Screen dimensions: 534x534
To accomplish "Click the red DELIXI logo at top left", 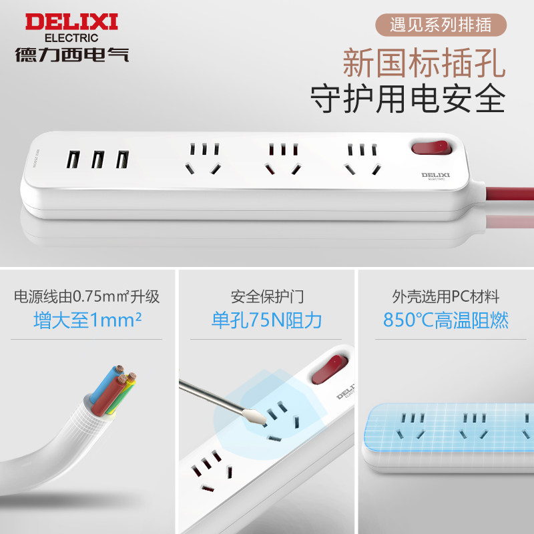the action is tap(71, 22).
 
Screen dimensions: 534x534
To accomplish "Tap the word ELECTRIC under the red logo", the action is tap(71, 38).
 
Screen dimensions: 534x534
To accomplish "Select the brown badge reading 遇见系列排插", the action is tap(441, 25).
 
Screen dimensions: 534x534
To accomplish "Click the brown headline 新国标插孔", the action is tap(424, 63).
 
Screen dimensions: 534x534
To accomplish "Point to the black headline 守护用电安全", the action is tap(408, 98).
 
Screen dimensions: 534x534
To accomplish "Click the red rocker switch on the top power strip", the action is tap(431, 148).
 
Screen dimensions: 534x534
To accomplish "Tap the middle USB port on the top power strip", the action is tap(97, 160).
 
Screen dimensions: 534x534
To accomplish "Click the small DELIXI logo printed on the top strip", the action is tap(436, 176).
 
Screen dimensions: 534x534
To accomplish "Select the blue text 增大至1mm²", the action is tap(87, 320).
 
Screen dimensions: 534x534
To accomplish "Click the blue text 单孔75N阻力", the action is tap(266, 320).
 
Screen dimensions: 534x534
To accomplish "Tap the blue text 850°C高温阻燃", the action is tap(446, 320).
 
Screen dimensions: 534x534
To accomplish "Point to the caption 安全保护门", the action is tap(267, 296).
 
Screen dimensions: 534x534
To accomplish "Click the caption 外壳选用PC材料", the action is tap(446, 296).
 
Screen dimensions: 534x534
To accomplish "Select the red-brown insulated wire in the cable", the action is tap(108, 395).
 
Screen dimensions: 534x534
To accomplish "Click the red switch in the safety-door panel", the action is tap(329, 369).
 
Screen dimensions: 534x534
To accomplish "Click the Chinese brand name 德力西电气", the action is tap(71, 55).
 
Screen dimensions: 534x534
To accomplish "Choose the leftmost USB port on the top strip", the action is tap(73, 160).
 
